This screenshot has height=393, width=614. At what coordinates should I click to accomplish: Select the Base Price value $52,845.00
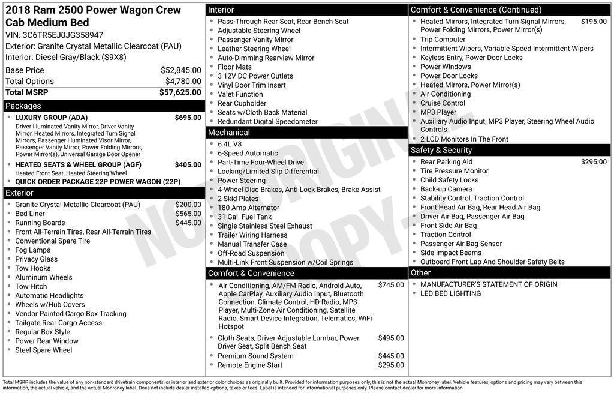point(180,70)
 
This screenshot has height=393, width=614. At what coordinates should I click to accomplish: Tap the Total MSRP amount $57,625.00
point(180,92)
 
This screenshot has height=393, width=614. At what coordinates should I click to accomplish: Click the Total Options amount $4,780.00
point(183,81)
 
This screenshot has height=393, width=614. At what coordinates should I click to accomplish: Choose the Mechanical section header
point(228,133)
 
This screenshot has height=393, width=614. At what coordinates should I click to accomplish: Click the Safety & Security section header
point(441,150)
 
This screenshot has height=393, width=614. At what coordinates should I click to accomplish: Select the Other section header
point(420,273)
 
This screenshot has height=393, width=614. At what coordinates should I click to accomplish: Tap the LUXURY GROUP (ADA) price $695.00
point(188,118)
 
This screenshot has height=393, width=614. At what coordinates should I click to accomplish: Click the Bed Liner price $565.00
point(188,214)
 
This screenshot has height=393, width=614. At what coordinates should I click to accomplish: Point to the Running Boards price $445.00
point(188,223)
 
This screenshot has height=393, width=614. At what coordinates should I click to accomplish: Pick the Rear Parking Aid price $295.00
point(594,162)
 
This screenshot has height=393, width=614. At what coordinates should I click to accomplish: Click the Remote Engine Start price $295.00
point(390,365)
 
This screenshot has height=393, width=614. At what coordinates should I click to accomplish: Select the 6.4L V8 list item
point(231,144)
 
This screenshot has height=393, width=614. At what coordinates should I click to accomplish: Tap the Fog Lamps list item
point(32,250)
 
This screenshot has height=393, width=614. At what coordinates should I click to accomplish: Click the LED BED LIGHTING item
point(450,293)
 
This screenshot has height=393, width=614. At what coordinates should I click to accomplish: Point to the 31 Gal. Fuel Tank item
point(244,217)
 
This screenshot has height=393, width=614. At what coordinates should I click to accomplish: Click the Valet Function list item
point(240,94)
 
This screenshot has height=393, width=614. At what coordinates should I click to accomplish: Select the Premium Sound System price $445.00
point(390,356)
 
